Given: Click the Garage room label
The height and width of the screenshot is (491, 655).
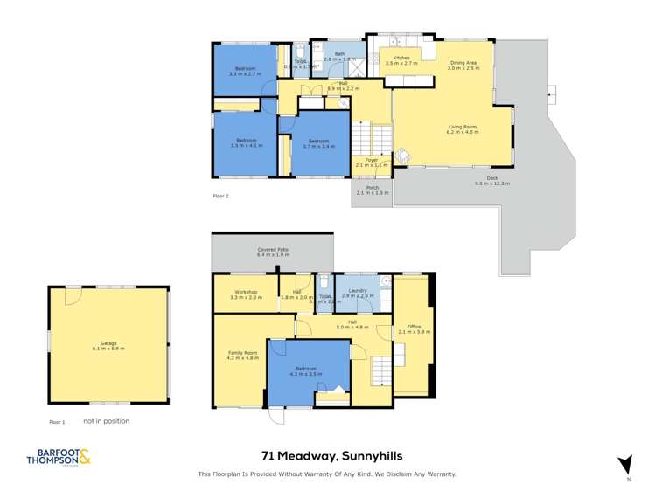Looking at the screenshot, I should click(x=108, y=345).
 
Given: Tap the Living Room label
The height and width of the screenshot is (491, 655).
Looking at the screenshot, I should click(x=463, y=128).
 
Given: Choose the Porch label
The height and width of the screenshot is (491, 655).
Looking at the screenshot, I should click(x=373, y=190).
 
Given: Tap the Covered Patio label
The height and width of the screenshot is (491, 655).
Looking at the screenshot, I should click(x=273, y=252).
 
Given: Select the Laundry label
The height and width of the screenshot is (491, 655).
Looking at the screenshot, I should click(x=357, y=294).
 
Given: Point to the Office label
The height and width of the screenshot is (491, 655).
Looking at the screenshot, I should click(x=409, y=328).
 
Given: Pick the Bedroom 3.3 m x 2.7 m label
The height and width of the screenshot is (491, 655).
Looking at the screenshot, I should click(x=246, y=72).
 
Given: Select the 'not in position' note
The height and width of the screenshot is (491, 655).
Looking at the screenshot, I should click(x=106, y=421).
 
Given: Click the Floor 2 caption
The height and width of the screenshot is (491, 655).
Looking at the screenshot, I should click(x=220, y=197).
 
